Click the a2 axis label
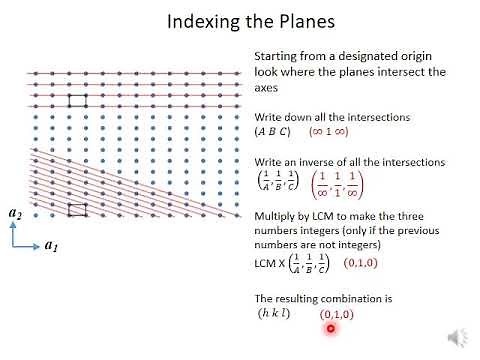15,213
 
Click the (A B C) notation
275,131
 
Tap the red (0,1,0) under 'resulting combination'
337,315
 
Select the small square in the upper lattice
77,101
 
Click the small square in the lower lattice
77,210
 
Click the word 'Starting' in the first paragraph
275,57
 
